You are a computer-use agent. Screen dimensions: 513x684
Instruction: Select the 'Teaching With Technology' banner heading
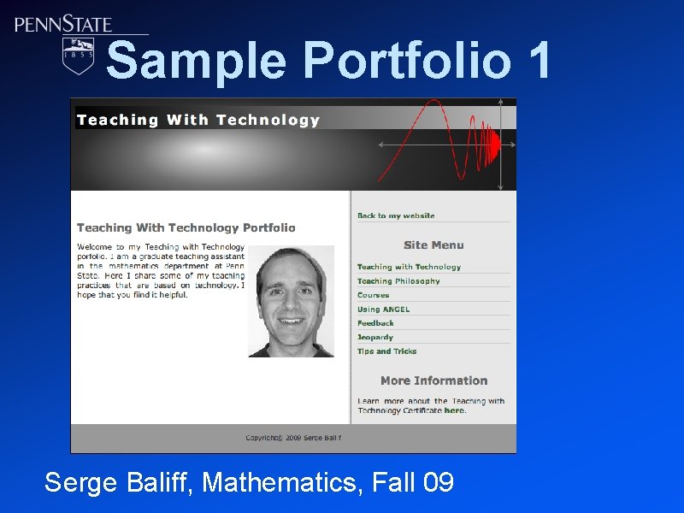pos(198,121)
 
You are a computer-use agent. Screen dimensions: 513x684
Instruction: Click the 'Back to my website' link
pos(396,216)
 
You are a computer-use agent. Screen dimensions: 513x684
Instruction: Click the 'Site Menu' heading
pos(433,245)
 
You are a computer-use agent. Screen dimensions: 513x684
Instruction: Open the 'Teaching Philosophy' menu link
pos(398,281)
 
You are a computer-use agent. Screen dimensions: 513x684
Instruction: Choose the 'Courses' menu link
pos(373,295)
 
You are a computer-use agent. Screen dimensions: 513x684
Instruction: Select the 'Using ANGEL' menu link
pos(383,310)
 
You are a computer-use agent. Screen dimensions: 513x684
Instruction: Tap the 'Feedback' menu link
pos(375,323)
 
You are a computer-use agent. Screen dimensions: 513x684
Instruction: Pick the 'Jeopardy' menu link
pos(375,338)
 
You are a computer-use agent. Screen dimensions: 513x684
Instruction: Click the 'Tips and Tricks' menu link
pos(386,351)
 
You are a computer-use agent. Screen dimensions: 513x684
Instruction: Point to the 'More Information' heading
pos(433,381)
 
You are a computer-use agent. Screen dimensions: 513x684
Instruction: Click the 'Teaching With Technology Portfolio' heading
pos(186,228)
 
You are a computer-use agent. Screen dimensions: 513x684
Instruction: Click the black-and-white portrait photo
pos(291,302)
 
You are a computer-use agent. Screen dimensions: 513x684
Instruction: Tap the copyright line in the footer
pos(293,438)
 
